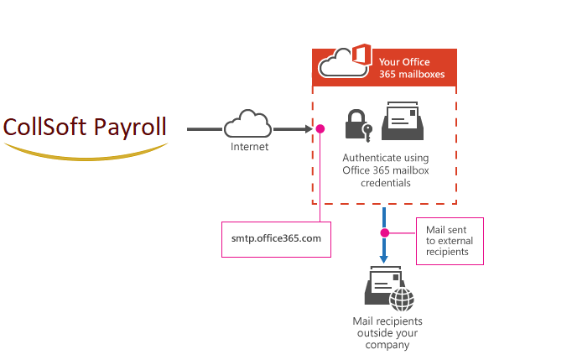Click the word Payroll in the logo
(129, 128)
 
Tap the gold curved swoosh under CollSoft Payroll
(85, 151)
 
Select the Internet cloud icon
(247, 124)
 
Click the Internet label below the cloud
(249, 147)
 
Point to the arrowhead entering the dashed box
(305, 129)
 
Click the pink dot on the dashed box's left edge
(320, 129)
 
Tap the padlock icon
(355, 127)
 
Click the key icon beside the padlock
(368, 132)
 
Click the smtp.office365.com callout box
(276, 238)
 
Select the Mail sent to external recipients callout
(450, 240)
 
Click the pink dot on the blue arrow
(385, 232)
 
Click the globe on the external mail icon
(403, 298)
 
